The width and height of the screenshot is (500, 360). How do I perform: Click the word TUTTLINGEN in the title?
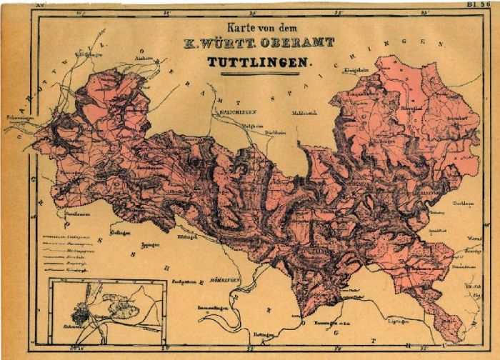[260, 62]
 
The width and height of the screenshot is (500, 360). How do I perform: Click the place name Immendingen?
[214, 308]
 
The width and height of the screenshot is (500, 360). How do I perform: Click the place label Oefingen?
[120, 231]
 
